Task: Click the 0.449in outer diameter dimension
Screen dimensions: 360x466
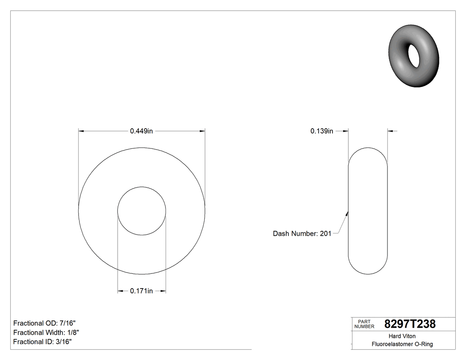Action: point(141,131)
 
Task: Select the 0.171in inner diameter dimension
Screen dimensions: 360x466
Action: point(141,291)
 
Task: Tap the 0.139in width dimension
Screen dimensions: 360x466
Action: point(321,131)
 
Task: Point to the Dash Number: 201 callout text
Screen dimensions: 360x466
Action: point(302,233)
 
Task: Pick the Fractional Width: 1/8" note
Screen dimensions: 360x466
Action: point(46,332)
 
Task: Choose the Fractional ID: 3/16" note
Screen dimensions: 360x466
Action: point(43,341)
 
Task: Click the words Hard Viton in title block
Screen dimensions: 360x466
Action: point(402,336)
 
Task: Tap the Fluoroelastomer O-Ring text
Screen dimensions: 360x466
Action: point(402,344)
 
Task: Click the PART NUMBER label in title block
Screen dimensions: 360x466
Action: point(362,324)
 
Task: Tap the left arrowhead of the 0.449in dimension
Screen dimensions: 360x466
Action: point(81,131)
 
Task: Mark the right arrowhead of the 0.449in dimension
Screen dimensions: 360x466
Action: point(202,131)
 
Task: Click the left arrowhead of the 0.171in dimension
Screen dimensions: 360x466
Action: point(120,291)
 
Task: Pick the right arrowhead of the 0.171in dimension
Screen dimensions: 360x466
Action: point(163,291)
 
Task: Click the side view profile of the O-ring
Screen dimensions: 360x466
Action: point(368,211)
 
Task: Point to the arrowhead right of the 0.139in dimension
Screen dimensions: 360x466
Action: point(391,131)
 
